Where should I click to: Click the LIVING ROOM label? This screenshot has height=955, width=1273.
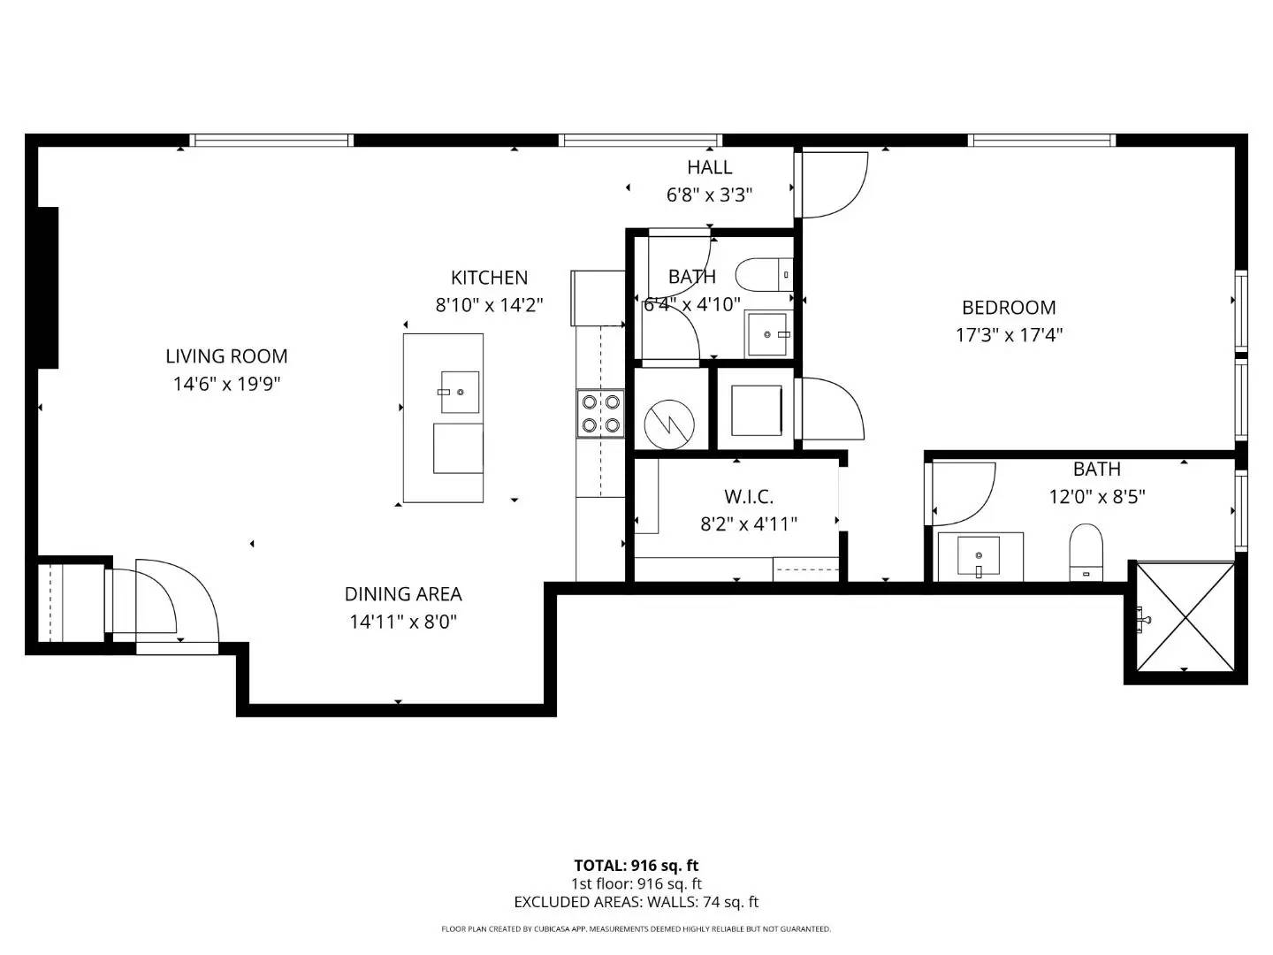[x=226, y=356]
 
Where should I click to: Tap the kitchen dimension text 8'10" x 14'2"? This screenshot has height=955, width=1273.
[x=489, y=304]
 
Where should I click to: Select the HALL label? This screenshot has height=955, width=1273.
[x=709, y=167]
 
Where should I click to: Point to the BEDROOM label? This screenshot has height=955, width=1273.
[x=1009, y=308]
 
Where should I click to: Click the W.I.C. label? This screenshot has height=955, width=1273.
[x=748, y=496]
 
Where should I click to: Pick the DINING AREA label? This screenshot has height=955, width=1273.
[x=403, y=593]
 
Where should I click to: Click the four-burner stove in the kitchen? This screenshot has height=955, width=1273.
[x=600, y=414]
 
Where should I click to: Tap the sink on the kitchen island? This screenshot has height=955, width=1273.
[x=460, y=392]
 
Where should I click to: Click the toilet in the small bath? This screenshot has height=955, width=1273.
[x=764, y=275]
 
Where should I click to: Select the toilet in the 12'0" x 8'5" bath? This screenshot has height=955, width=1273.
[x=1085, y=552]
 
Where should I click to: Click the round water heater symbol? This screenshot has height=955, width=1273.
[x=669, y=424]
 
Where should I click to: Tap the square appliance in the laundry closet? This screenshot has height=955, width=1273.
[x=756, y=410]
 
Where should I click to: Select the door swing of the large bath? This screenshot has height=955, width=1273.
[x=963, y=493]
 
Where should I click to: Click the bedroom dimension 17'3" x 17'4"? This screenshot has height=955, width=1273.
[x=1009, y=335]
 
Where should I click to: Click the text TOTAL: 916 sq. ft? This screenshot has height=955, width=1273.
[x=636, y=866]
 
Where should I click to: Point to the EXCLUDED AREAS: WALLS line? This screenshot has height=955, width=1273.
[x=636, y=902]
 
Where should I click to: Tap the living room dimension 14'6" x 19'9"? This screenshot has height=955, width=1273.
[x=226, y=384]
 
